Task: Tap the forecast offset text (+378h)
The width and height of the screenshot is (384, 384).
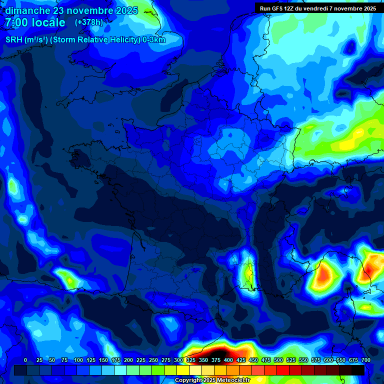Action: (x=88, y=22)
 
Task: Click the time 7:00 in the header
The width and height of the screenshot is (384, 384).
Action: (x=15, y=22)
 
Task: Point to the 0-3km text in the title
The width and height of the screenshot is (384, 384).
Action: (x=153, y=40)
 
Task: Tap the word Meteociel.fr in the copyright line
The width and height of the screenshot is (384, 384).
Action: (x=233, y=380)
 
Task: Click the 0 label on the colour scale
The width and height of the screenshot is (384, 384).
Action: (x=25, y=360)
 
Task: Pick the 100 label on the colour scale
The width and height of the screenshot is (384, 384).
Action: (x=78, y=360)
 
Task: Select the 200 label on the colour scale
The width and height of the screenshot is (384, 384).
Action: (x=128, y=360)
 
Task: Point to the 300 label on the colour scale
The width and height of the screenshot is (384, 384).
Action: (x=178, y=360)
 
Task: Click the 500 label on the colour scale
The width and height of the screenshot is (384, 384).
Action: (x=278, y=360)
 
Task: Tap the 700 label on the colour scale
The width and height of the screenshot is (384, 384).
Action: (x=366, y=360)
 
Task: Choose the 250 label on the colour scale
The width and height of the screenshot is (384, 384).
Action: (x=153, y=360)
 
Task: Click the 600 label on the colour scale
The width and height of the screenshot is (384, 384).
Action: (x=328, y=360)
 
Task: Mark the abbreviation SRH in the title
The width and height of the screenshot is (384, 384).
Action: (x=13, y=40)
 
